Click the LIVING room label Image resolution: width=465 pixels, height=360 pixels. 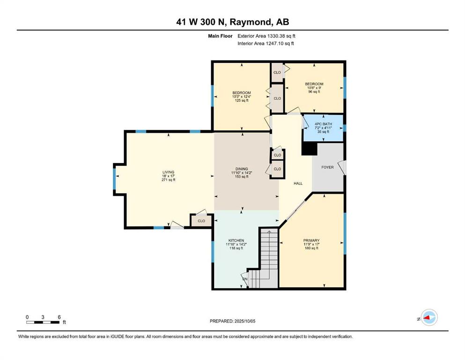[169, 172]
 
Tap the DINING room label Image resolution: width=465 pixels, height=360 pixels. [242, 169]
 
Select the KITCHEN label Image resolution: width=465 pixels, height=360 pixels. [236, 240]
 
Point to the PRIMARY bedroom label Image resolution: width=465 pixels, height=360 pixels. [311, 240]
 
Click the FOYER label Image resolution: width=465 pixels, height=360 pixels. [327, 167]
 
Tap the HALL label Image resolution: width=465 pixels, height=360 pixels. [298, 183]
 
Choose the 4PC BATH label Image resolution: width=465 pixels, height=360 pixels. [323, 124]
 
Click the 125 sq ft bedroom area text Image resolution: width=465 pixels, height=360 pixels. [242, 100]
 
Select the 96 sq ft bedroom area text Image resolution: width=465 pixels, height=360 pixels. [314, 92]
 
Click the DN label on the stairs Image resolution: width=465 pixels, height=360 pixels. [245, 279]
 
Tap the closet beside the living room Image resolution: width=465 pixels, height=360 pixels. [201, 221]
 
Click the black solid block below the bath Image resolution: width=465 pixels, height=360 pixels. [310, 149]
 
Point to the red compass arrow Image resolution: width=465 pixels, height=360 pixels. [427, 318]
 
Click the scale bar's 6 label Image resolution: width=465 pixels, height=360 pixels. [59, 317]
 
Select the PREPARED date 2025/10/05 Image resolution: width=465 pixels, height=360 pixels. [244, 321]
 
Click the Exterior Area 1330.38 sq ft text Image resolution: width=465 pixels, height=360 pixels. [266, 36]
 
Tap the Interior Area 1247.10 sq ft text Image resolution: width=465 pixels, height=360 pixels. [266, 43]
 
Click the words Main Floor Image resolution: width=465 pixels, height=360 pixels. [220, 36]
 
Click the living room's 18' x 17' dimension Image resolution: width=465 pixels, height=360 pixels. [169, 176]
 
